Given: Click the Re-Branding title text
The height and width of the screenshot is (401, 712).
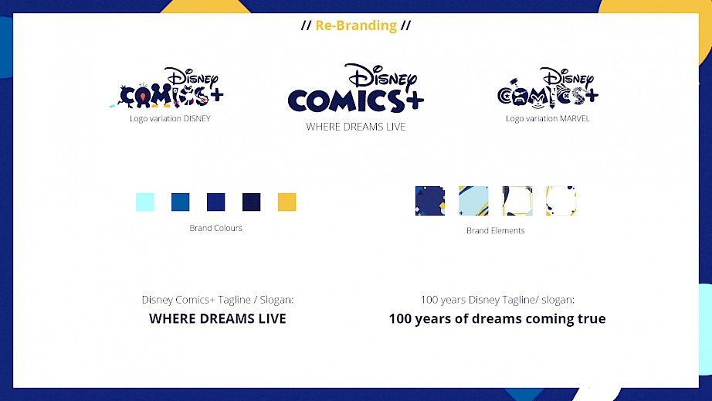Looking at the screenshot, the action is [356, 25].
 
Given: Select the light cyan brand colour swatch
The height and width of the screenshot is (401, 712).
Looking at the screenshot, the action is [145, 202].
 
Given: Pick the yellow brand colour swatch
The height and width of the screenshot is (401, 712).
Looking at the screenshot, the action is [287, 202].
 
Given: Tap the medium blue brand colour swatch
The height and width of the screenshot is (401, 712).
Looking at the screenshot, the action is [180, 202].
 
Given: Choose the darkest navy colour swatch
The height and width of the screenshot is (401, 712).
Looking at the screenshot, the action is [252, 202].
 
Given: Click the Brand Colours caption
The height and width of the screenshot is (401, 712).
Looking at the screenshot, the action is [215, 228].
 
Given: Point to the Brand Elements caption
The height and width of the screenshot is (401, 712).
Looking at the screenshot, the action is [496, 231].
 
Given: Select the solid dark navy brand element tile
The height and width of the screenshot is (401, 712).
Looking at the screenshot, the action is [430, 201].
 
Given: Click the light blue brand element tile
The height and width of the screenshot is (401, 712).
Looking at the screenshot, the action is [473, 201].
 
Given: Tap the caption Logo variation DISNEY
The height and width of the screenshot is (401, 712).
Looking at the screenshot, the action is [171, 118].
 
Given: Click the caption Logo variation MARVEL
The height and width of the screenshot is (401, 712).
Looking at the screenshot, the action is [548, 118].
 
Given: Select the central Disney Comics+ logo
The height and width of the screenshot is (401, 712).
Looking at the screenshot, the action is [356, 88].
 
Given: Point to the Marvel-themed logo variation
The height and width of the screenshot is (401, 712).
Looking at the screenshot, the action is [548, 88].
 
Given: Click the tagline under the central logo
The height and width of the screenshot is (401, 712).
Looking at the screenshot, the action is [356, 127].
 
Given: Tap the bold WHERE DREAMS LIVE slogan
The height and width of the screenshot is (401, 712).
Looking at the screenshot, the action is [218, 319].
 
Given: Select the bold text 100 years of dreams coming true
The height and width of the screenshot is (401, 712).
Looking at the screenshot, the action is [497, 319].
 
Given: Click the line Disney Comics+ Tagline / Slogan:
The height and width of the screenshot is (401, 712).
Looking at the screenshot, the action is [218, 300].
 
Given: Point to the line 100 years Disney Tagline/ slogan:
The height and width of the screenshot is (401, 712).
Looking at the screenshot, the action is [497, 300].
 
